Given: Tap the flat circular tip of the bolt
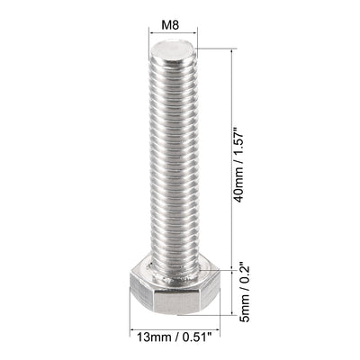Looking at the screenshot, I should (x=173, y=48).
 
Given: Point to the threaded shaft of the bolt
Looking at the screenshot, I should (x=172, y=153).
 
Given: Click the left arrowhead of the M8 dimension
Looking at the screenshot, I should (x=150, y=34).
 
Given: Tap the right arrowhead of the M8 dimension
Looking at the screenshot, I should (x=195, y=34).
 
